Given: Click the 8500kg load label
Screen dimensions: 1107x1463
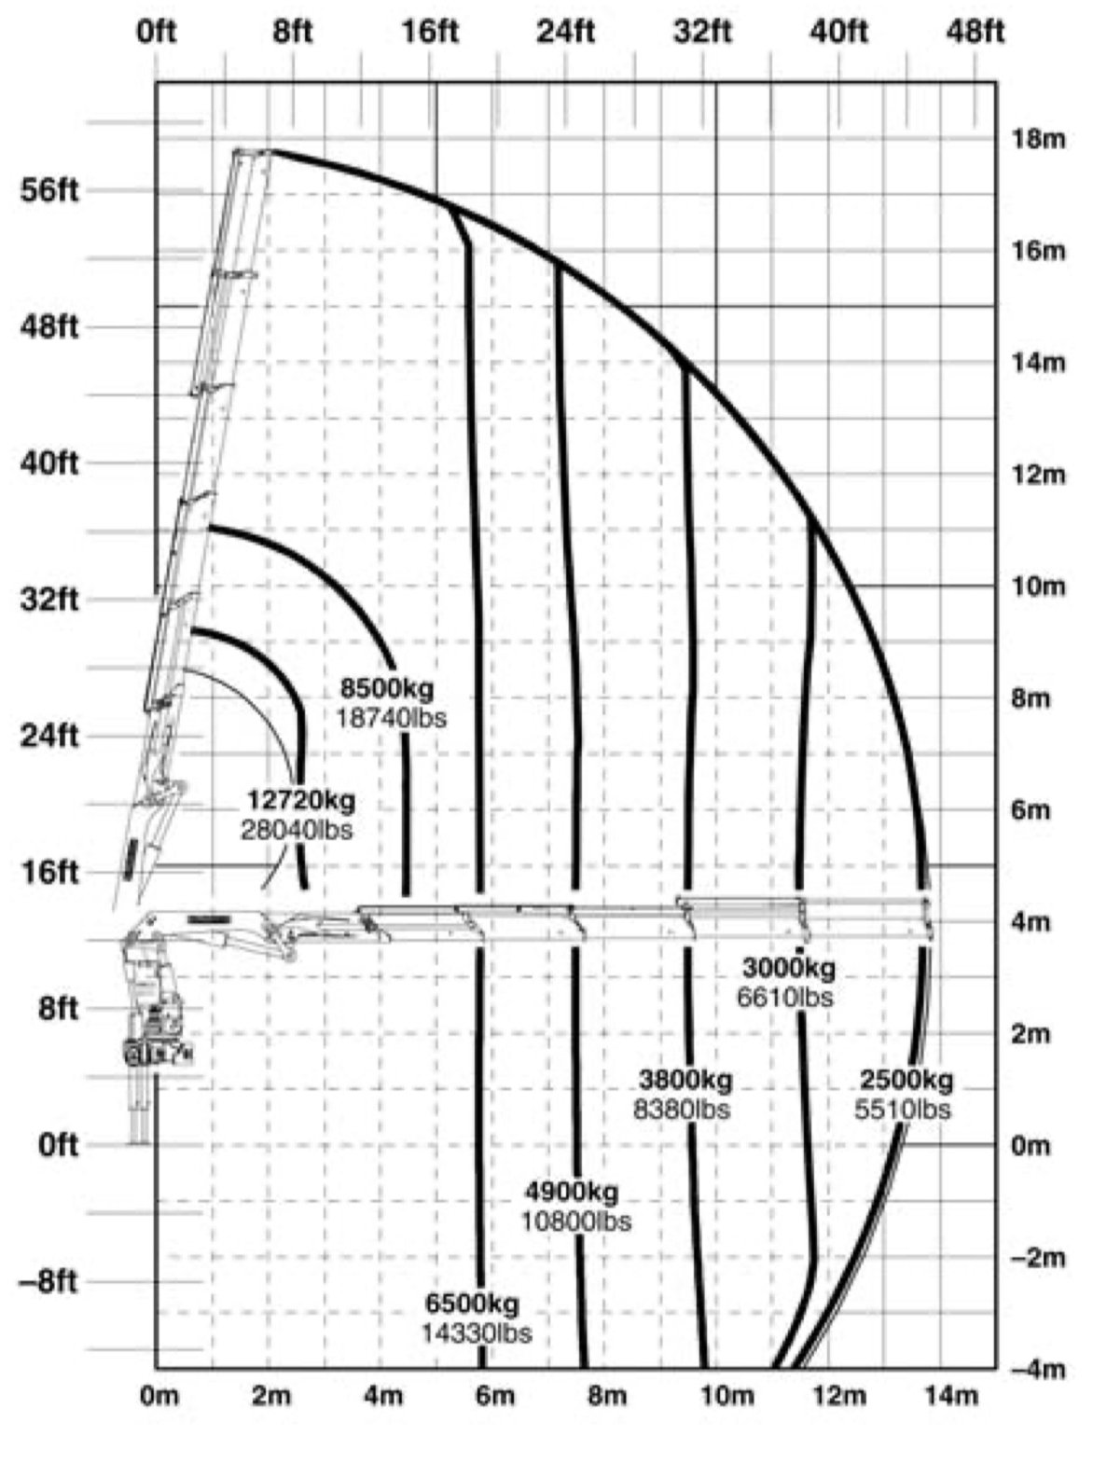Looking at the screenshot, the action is coord(387,690).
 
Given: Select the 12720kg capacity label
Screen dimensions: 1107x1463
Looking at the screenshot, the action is coord(301,800).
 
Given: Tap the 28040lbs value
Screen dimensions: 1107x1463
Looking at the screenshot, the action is coord(298,829).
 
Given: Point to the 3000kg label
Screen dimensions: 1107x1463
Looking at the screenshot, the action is coord(789,967).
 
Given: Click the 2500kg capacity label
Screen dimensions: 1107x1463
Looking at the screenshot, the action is coord(906,1081).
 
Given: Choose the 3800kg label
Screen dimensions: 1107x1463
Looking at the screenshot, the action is coord(685,1081).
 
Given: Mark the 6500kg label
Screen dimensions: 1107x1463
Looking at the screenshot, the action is coord(473,1303).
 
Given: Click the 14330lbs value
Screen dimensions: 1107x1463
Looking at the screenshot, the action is coord(476,1332).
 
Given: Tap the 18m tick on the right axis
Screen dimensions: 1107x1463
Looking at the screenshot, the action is coord(1037,140).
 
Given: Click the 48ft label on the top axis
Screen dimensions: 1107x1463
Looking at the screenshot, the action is coord(976,33).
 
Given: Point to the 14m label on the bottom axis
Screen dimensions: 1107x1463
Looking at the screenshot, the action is coord(953,1396).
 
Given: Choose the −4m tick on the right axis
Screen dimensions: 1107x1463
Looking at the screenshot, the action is coord(1035,1369).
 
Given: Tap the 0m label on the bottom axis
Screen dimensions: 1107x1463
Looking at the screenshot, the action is coord(158,1396).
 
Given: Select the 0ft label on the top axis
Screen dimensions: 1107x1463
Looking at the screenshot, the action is coord(156,33).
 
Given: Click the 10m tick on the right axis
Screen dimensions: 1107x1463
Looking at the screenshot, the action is coord(1037,587).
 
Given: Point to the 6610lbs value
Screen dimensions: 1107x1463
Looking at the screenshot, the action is coord(785,997).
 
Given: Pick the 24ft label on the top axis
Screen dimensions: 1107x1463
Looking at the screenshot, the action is coord(565,33).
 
